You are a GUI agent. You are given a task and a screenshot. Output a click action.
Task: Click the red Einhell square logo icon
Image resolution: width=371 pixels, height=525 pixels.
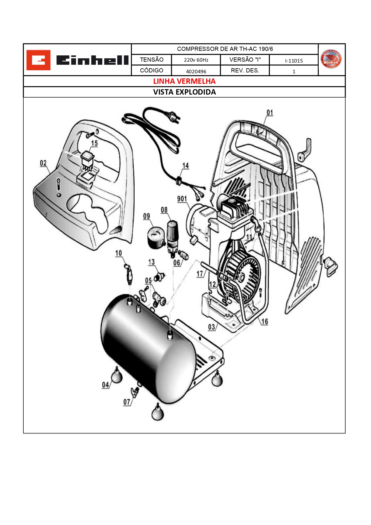(x=38, y=60)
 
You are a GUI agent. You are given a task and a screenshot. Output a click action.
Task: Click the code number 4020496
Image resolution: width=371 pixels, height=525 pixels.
(x=196, y=71)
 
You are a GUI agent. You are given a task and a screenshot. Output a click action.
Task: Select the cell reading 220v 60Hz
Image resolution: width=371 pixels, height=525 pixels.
(x=196, y=60)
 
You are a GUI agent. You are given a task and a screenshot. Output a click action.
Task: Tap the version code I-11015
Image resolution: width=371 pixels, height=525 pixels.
(x=294, y=61)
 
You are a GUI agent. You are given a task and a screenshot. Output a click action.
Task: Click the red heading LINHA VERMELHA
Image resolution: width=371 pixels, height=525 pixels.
(x=184, y=81)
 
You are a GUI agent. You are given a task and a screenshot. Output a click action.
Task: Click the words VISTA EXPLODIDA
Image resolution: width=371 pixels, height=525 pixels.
(x=184, y=92)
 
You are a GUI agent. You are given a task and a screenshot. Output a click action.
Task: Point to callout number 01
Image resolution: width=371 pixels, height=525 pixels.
(x=270, y=113)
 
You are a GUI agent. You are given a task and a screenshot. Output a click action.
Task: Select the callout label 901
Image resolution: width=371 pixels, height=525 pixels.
(x=182, y=199)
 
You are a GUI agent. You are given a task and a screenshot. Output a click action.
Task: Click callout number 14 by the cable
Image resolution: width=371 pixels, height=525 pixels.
(x=185, y=166)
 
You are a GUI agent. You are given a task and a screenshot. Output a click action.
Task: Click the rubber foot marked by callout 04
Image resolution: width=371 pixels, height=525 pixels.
(x=117, y=376)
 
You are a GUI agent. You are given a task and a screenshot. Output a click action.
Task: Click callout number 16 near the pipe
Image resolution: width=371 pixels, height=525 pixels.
(x=264, y=322)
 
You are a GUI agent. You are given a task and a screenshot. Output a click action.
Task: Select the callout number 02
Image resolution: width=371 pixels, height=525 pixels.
(x=43, y=163)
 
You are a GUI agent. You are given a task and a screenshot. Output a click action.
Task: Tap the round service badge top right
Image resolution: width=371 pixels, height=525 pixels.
(x=331, y=59)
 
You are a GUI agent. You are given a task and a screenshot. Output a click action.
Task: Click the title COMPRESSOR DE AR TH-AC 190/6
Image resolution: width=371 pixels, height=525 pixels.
(x=225, y=49)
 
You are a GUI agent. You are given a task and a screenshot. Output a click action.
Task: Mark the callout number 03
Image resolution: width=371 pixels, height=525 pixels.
(x=212, y=327)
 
